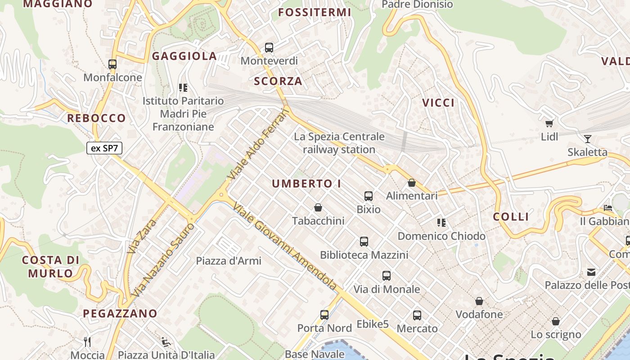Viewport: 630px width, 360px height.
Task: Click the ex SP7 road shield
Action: pyautogui.click(x=104, y=148)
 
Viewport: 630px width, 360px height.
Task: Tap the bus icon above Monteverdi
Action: pyautogui.click(x=269, y=47)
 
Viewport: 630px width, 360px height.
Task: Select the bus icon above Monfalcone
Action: pyautogui.click(x=112, y=64)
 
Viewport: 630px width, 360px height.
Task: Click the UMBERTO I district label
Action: pyautogui.click(x=306, y=184)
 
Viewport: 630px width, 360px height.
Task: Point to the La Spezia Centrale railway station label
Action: pyautogui.click(x=339, y=143)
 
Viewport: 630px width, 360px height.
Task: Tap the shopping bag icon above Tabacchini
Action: pyautogui.click(x=318, y=207)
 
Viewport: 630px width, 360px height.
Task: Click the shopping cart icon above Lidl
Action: pyautogui.click(x=549, y=123)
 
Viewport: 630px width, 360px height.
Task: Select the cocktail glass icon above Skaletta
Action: pyautogui.click(x=587, y=139)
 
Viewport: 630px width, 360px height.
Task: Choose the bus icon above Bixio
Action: pyautogui.click(x=369, y=196)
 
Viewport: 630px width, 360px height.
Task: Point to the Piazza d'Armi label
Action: pyautogui.click(x=229, y=261)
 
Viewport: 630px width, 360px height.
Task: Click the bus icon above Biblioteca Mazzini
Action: pyautogui.click(x=364, y=242)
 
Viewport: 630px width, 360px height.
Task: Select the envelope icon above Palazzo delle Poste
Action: pyautogui.click(x=591, y=272)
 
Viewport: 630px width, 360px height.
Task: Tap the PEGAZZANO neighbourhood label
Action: pyautogui.click(x=120, y=314)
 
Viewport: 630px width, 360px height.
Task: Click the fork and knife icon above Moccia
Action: pyautogui.click(x=87, y=342)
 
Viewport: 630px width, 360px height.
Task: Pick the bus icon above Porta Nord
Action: pyautogui.click(x=324, y=315)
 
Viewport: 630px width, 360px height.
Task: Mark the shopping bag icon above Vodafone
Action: pyautogui.click(x=479, y=301)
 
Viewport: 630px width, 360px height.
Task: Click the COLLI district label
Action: pyautogui.click(x=511, y=217)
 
